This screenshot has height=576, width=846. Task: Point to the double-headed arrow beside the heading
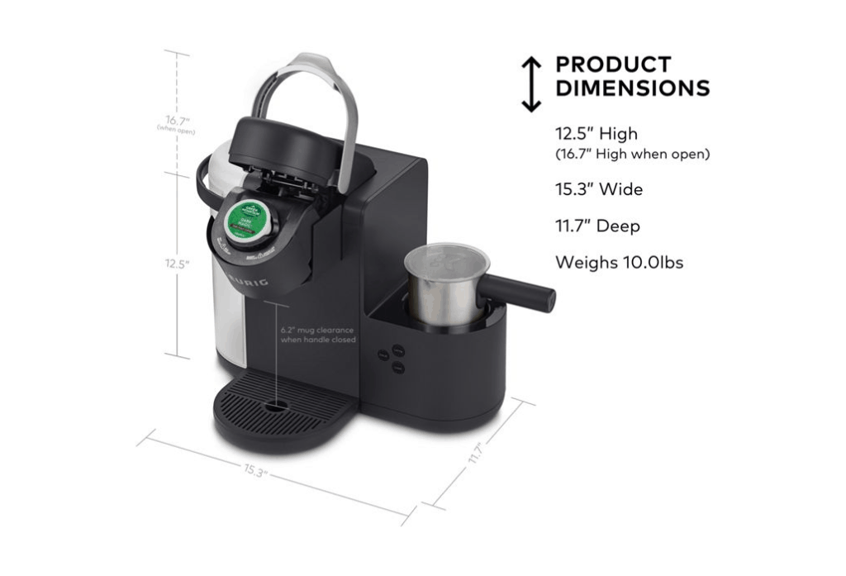[530, 83]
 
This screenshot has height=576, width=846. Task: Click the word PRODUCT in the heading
[613, 64]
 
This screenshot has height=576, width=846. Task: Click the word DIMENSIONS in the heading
[632, 88]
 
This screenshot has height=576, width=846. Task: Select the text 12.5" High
[596, 134]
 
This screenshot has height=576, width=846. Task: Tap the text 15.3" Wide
[598, 189]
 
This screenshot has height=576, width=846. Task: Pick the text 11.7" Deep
[596, 226]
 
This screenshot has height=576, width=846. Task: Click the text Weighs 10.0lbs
[619, 263]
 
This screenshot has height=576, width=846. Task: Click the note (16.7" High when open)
[632, 154]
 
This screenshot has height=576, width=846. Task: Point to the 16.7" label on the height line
[177, 121]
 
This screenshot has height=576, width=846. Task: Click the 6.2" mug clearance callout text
[317, 335]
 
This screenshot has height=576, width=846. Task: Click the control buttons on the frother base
[392, 356]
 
